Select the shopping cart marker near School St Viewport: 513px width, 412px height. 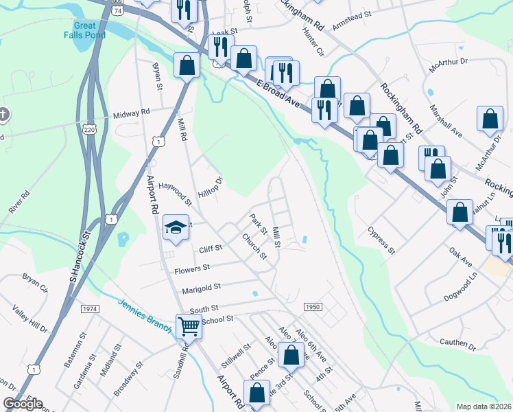click(189, 326)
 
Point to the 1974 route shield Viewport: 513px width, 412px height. click(89, 310)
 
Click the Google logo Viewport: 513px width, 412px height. click(22, 404)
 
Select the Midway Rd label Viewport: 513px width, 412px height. click(131, 113)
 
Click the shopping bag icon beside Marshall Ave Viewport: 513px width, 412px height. click(490, 119)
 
